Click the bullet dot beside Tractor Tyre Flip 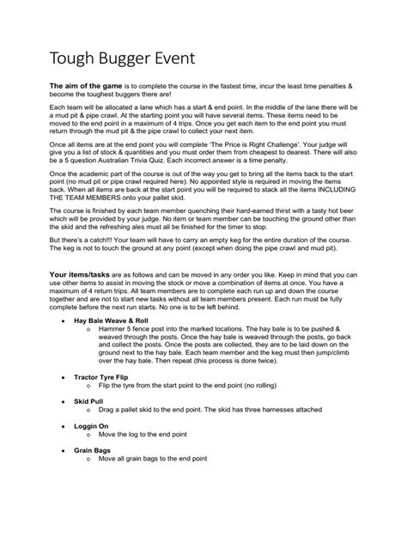coord(64,401)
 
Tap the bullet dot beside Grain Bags coord(64,473)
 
